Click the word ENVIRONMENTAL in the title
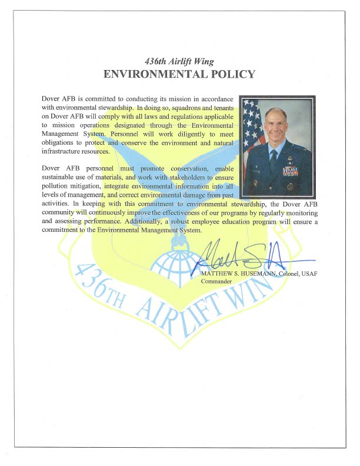(x=148, y=75)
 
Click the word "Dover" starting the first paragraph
(x=51, y=98)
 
